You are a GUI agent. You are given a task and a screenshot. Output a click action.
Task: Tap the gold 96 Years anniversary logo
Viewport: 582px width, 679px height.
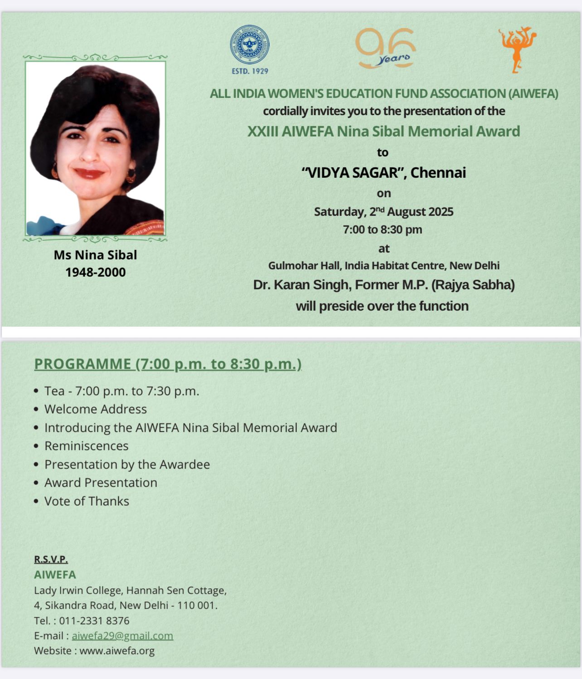pyautogui.click(x=386, y=49)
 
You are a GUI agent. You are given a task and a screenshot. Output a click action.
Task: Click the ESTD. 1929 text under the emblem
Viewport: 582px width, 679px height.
pyautogui.click(x=250, y=71)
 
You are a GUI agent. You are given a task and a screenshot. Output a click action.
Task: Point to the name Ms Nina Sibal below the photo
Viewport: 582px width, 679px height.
pyautogui.click(x=95, y=255)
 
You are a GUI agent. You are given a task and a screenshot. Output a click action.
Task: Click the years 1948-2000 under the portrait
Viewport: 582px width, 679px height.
pyautogui.click(x=95, y=272)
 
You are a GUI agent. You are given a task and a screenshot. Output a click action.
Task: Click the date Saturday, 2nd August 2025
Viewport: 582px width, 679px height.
pyautogui.click(x=383, y=212)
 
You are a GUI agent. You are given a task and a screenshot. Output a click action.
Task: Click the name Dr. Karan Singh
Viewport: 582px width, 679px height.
pyautogui.click(x=301, y=285)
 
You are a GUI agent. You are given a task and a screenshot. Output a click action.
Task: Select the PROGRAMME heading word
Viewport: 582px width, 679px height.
pyautogui.click(x=82, y=364)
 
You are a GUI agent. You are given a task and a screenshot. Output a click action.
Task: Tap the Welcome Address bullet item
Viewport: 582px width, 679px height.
pyautogui.click(x=96, y=409)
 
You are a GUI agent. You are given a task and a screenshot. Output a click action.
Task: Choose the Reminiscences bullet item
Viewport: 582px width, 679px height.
pyautogui.click(x=87, y=446)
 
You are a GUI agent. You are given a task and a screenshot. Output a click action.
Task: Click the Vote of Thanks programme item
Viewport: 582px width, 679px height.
pyautogui.click(x=87, y=501)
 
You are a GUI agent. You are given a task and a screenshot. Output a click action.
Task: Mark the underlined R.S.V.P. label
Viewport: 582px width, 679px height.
pyautogui.click(x=51, y=559)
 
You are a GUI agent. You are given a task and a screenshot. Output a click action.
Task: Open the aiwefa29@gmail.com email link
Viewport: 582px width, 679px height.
pyautogui.click(x=122, y=636)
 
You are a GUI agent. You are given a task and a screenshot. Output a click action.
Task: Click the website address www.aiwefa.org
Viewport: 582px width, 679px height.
pyautogui.click(x=117, y=651)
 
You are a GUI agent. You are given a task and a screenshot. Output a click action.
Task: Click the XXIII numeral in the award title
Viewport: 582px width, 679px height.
pyautogui.click(x=262, y=132)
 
